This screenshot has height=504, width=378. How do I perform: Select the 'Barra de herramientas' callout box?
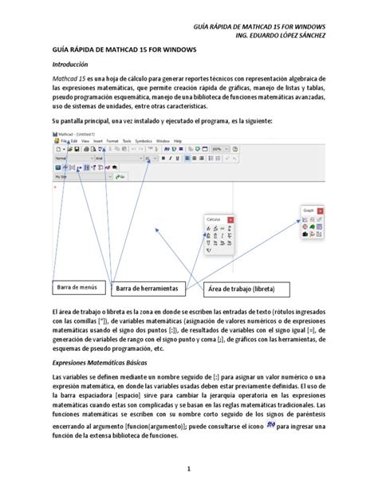click(147, 288)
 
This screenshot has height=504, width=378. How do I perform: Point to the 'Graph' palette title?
click(309, 210)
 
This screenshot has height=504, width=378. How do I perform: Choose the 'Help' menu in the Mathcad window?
click(178, 140)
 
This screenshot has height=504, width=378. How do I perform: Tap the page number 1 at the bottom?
click(189, 469)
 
